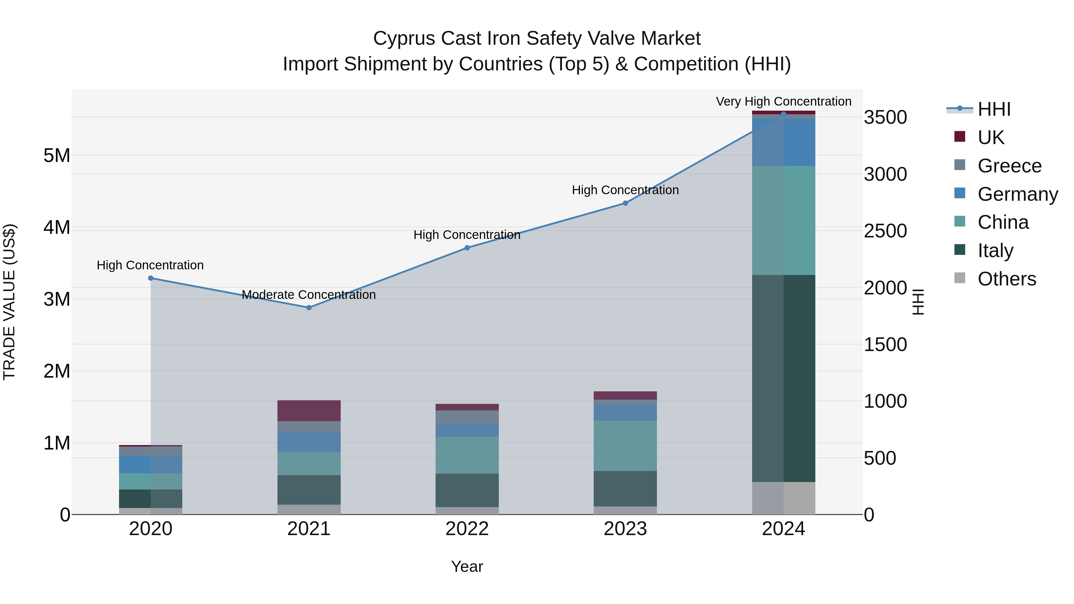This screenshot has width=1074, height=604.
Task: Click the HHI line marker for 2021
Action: click(309, 308)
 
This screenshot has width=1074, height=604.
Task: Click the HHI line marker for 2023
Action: click(625, 203)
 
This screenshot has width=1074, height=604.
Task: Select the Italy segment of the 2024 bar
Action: click(783, 378)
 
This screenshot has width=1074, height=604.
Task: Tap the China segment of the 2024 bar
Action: click(783, 220)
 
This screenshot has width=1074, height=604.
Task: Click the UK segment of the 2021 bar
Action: click(309, 411)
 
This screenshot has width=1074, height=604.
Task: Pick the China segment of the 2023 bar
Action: click(625, 446)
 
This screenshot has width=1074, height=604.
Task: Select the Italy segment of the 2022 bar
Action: click(467, 490)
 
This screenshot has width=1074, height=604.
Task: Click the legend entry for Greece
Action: click(1009, 166)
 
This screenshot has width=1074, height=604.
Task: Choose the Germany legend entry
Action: click(1017, 194)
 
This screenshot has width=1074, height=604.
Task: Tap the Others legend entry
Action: click(1007, 279)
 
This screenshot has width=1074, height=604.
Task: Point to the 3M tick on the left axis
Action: click(57, 299)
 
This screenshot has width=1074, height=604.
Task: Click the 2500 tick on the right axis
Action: click(885, 231)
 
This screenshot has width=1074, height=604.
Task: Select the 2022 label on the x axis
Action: click(467, 529)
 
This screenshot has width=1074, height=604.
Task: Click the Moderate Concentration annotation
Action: click(309, 295)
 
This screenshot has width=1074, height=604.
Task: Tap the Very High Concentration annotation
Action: click(783, 101)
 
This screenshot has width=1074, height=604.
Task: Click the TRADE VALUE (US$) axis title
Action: click(9, 302)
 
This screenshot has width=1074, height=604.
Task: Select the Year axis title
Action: click(467, 566)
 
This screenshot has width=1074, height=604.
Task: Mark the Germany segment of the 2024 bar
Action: click(783, 142)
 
